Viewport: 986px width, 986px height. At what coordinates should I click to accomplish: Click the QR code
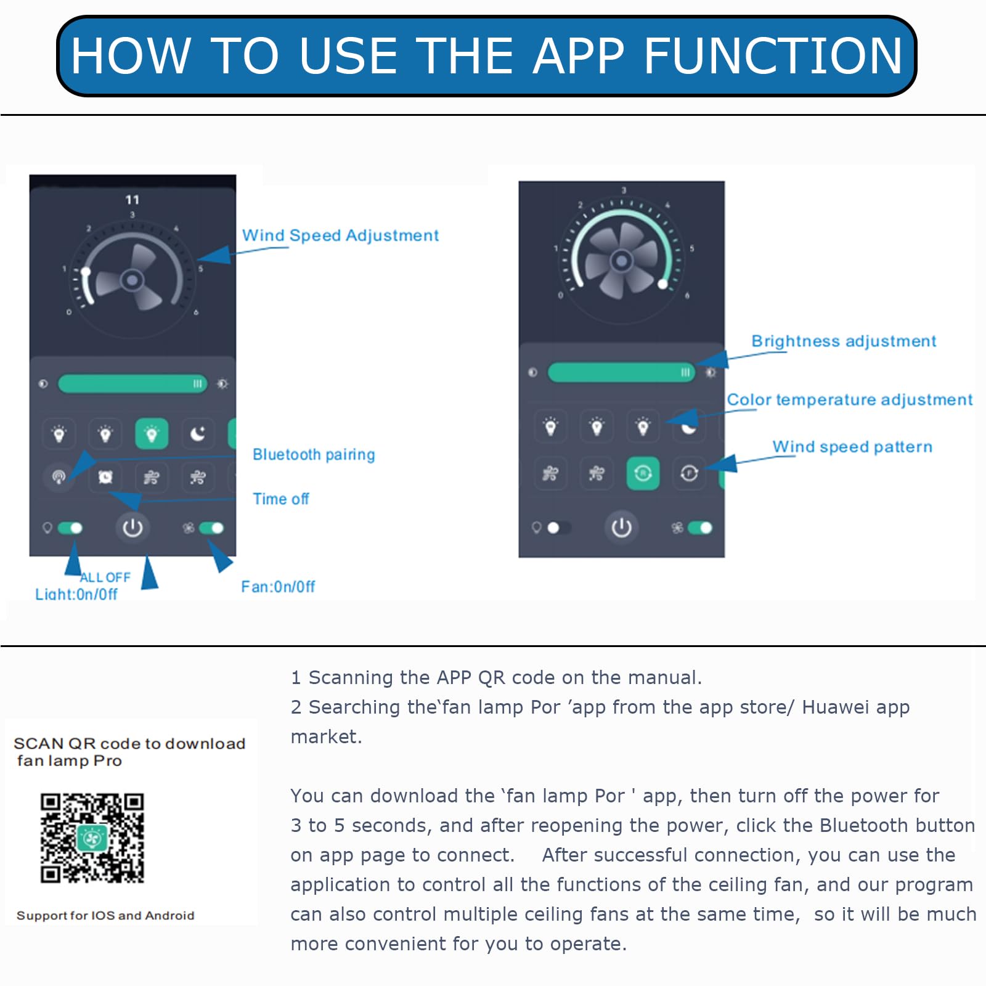pyautogui.click(x=92, y=838)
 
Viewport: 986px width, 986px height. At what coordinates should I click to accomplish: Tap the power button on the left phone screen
pyautogui.click(x=132, y=528)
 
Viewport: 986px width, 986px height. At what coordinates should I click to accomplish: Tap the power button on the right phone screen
pyautogui.click(x=621, y=528)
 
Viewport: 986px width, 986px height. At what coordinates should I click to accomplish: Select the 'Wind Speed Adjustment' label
pyautogui.click(x=340, y=235)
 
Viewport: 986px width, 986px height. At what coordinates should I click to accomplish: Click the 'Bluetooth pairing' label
pyautogui.click(x=314, y=455)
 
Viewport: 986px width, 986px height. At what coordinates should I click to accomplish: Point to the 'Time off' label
pyautogui.click(x=281, y=499)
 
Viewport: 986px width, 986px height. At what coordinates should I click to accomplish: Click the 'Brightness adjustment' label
pyautogui.click(x=844, y=341)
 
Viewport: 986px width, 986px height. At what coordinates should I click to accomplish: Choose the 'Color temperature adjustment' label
pyautogui.click(x=850, y=400)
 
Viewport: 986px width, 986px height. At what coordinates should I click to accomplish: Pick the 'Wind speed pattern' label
pyautogui.click(x=852, y=447)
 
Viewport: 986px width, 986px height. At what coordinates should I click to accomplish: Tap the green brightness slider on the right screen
pyautogui.click(x=621, y=372)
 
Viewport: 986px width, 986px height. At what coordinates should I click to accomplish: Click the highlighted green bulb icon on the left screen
pyautogui.click(x=152, y=434)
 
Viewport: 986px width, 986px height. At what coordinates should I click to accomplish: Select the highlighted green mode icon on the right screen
pyautogui.click(x=643, y=473)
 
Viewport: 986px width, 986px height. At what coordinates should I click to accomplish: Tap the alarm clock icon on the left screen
pyautogui.click(x=105, y=477)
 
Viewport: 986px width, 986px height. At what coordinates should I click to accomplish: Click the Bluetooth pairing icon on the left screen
pyautogui.click(x=59, y=477)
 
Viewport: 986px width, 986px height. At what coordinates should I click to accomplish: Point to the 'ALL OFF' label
pyautogui.click(x=105, y=577)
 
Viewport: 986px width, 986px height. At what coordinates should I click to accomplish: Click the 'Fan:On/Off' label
pyautogui.click(x=278, y=587)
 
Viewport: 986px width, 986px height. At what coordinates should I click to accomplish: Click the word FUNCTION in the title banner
pyautogui.click(x=773, y=55)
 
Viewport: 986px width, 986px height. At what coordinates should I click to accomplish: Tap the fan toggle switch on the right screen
pyautogui.click(x=699, y=528)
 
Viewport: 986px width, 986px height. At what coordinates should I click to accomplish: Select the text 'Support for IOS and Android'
pyautogui.click(x=105, y=916)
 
